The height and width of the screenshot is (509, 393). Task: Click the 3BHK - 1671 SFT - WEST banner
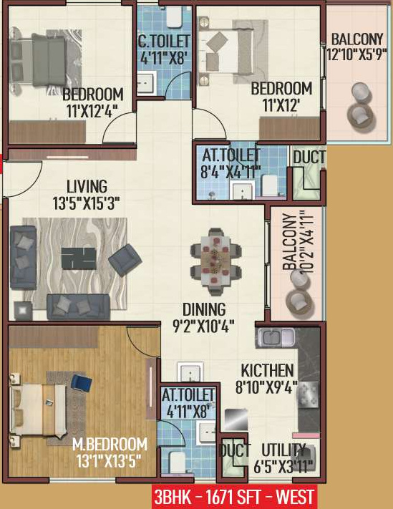coord(233,496)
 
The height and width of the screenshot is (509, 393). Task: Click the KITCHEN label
coord(267,371)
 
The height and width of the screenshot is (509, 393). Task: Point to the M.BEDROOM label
coord(110,444)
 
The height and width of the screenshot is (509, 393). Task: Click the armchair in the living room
coord(125,261)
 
